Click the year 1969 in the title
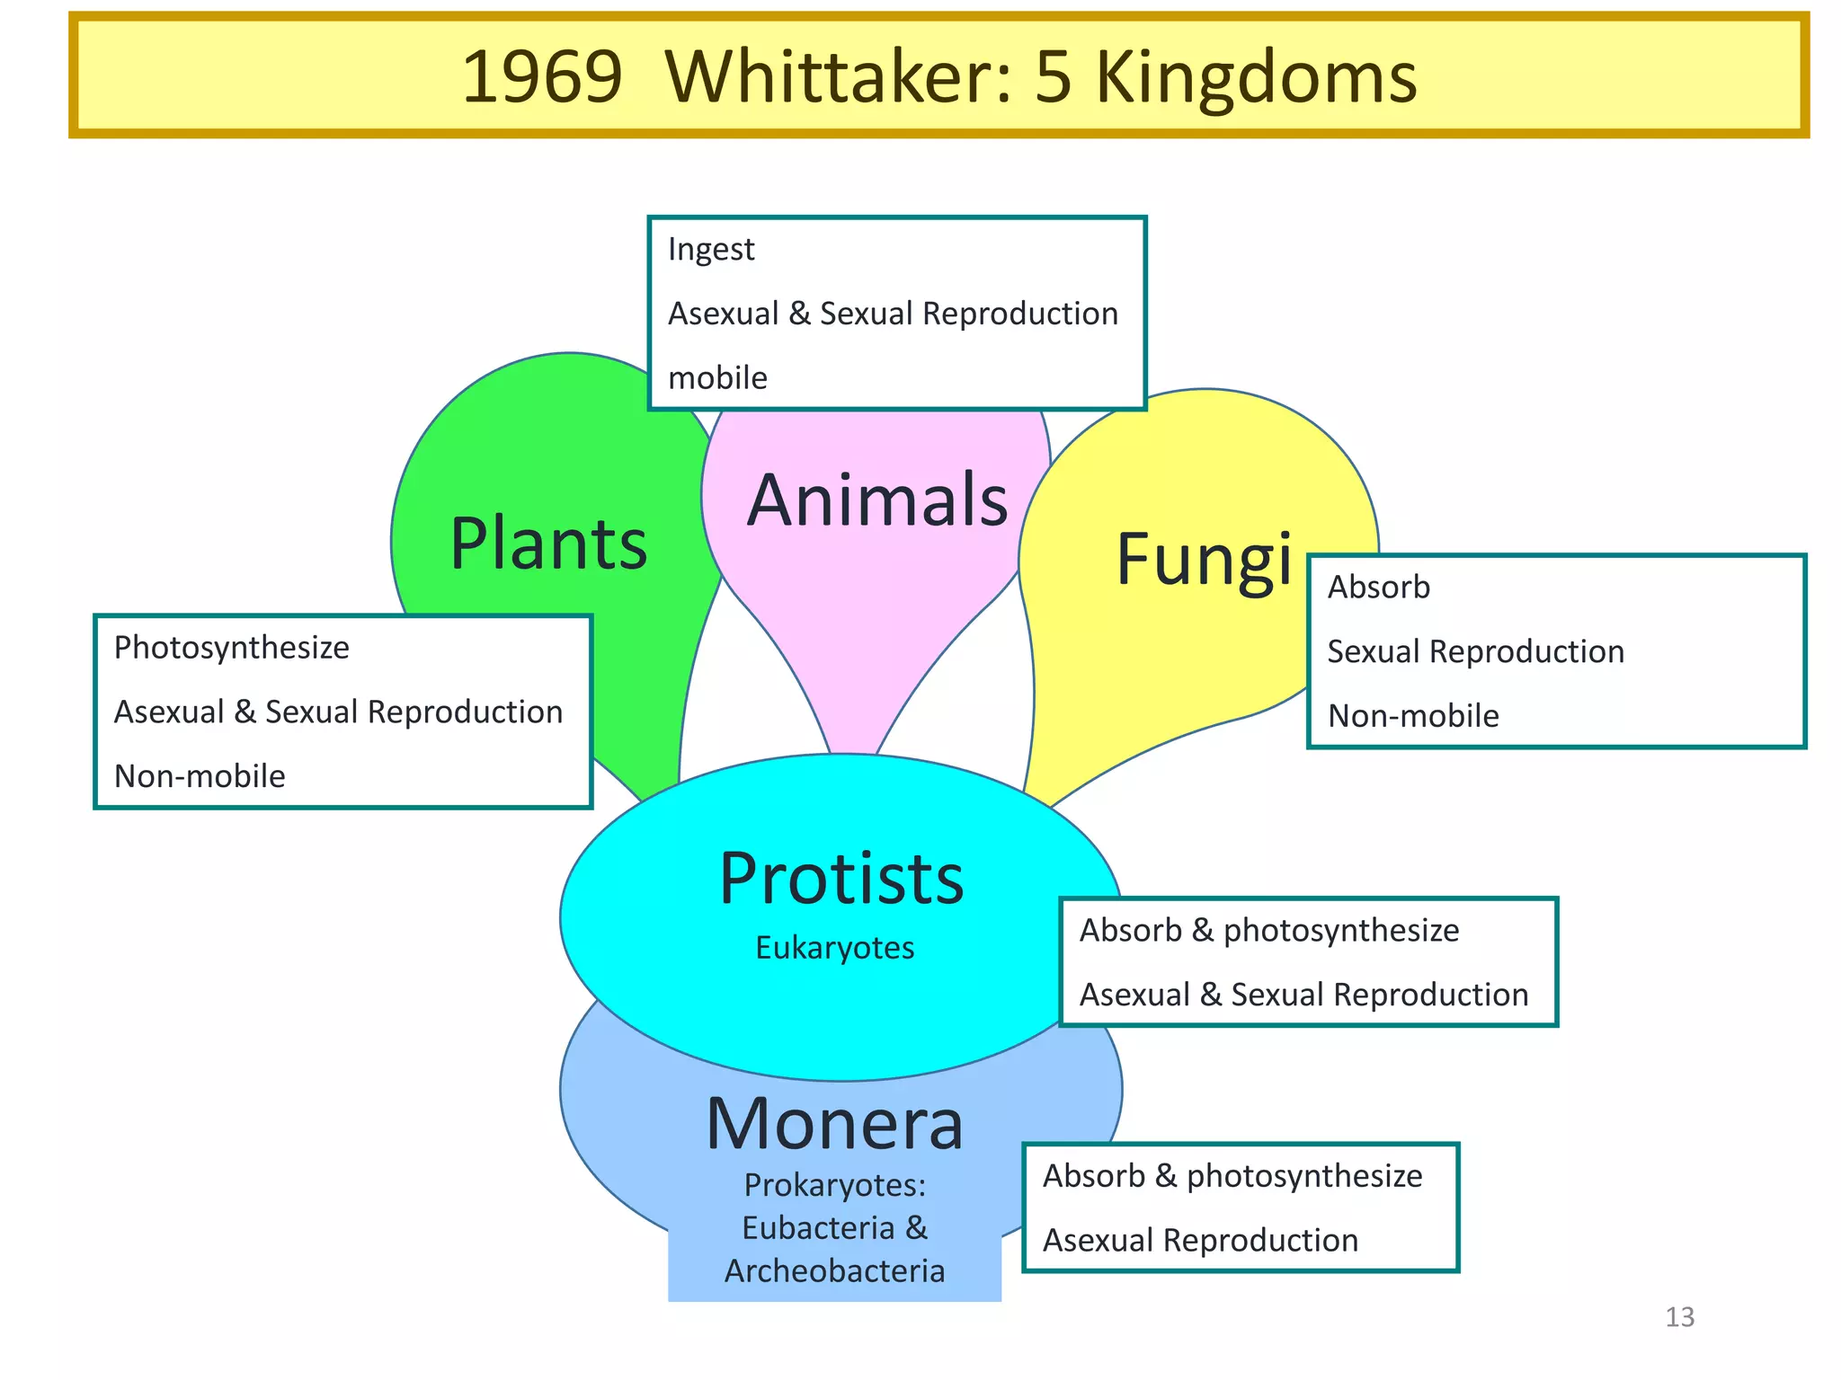pyautogui.click(x=541, y=77)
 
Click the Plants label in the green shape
pyautogui.click(x=548, y=544)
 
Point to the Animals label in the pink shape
pyautogui.click(x=877, y=500)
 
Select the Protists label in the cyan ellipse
pyautogui.click(x=841, y=879)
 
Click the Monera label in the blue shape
pyautogui.click(x=834, y=1124)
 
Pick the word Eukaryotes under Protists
pyautogui.click(x=834, y=948)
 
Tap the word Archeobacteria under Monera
pyautogui.click(x=834, y=1271)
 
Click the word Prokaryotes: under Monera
pyautogui.click(x=834, y=1185)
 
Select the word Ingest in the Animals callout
pyautogui.click(x=711, y=249)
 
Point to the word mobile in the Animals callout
pyautogui.click(x=717, y=378)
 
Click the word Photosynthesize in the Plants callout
pyautogui.click(x=232, y=648)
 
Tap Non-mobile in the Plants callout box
pyautogui.click(x=200, y=776)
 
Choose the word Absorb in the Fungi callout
pyautogui.click(x=1378, y=588)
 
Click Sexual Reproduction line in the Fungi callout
pyautogui.click(x=1475, y=652)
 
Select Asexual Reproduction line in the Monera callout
pyautogui.click(x=1200, y=1241)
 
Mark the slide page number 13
pyautogui.click(x=1679, y=1317)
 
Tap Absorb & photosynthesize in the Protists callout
pyautogui.click(x=1268, y=931)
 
